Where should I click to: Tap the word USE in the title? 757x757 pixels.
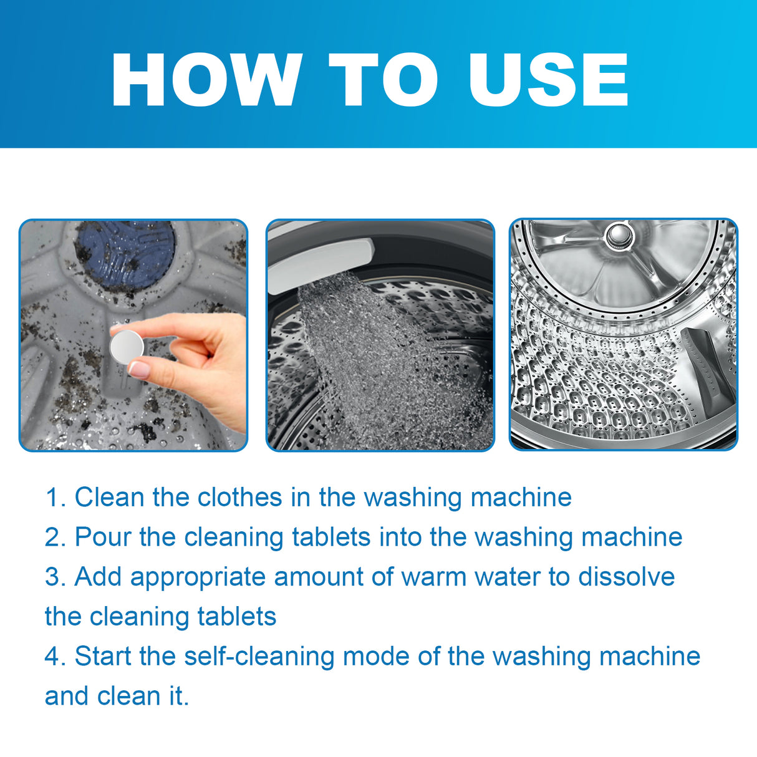548,80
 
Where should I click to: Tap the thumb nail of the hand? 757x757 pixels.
138,369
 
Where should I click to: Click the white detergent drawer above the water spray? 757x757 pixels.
321,257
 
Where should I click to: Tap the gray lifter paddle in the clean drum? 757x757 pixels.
708,368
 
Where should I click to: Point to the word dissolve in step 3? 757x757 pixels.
626,577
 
